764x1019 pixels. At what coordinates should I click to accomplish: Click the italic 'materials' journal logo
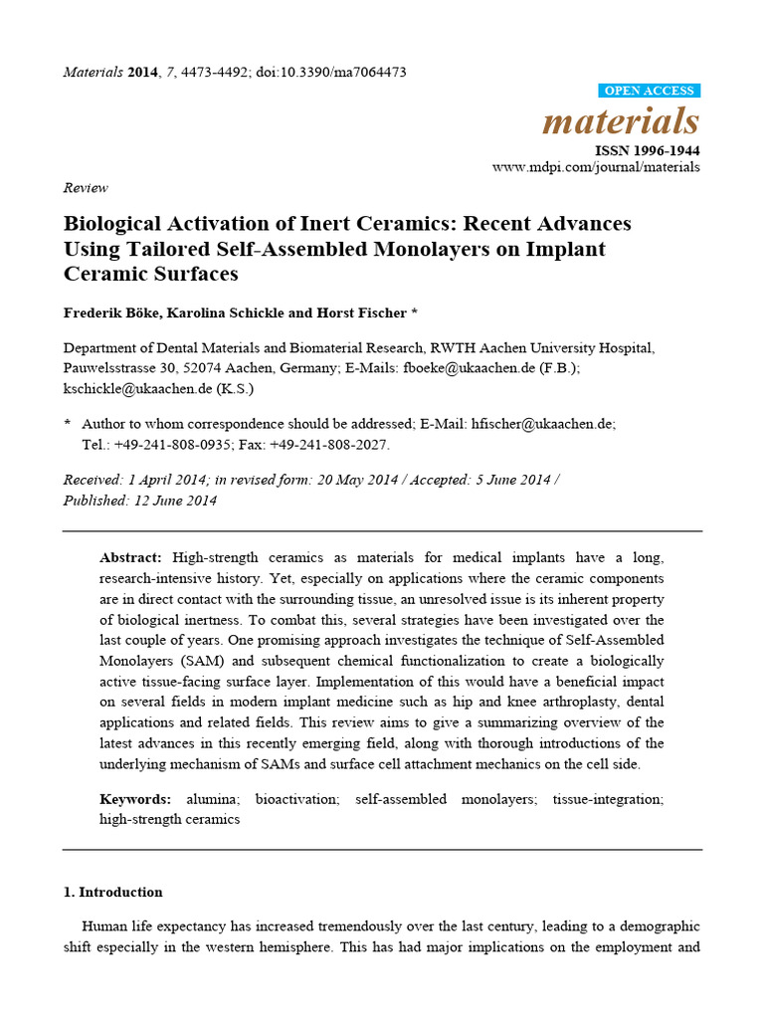[x=621, y=121]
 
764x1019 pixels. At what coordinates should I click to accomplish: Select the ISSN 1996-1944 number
[x=647, y=150]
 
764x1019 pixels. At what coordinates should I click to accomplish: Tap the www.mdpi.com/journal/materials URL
[x=596, y=167]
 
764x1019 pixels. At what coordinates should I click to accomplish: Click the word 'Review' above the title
[x=86, y=187]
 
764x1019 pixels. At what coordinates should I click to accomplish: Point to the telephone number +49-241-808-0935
[x=172, y=444]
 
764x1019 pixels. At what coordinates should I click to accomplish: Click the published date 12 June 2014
[x=173, y=501]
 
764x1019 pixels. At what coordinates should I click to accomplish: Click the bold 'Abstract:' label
[x=132, y=557]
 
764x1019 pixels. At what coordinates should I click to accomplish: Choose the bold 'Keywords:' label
[x=135, y=799]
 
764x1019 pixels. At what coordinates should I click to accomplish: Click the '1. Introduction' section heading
[x=112, y=892]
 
